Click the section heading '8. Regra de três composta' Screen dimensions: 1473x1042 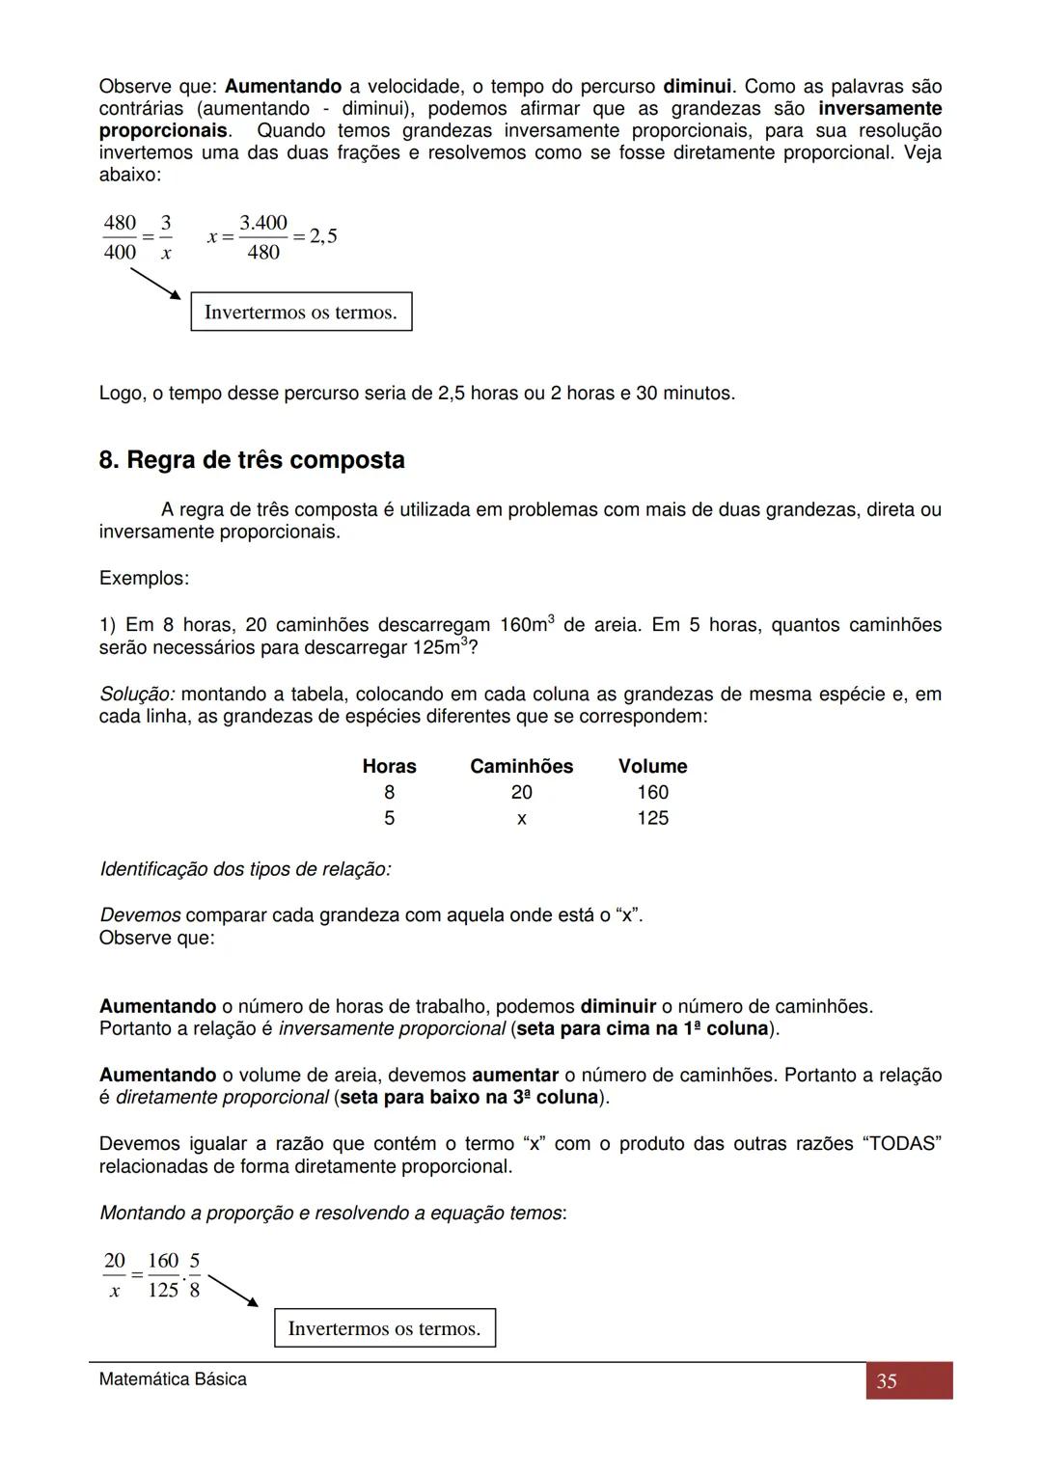click(252, 460)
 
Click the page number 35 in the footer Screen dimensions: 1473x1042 click(887, 1381)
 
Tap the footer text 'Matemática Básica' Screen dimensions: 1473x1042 click(173, 1379)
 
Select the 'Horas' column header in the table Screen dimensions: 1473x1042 click(389, 766)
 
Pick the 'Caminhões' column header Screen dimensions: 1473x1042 click(521, 766)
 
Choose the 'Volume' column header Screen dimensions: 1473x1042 click(652, 766)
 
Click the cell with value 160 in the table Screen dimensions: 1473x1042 click(652, 792)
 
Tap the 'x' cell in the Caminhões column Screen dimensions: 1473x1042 click(521, 818)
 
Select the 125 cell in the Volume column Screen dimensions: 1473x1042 click(652, 818)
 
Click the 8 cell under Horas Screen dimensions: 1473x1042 click(389, 792)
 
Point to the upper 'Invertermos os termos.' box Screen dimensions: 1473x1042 click(301, 312)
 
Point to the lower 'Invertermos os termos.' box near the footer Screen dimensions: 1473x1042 click(384, 1328)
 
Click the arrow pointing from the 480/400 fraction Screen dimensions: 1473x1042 click(155, 284)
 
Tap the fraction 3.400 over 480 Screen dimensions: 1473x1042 click(263, 237)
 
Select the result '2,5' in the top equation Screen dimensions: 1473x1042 click(323, 236)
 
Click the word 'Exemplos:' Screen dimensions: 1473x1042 click(144, 579)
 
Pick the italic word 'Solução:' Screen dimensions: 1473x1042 click(137, 695)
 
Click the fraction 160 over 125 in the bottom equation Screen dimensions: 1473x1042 click(163, 1275)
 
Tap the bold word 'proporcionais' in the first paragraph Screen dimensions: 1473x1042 click(163, 130)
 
